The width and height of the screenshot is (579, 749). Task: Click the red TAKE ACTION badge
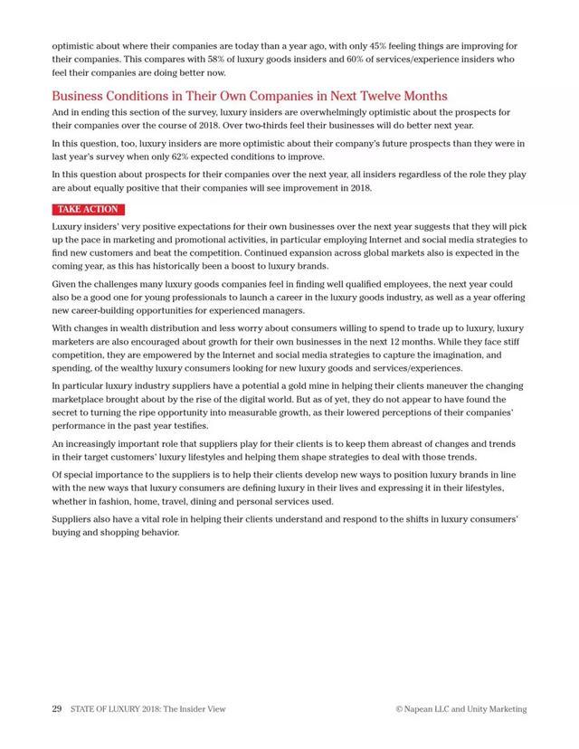pos(88,209)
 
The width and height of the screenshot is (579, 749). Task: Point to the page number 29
pos(56,709)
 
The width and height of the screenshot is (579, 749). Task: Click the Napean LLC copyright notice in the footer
pos(461,709)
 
